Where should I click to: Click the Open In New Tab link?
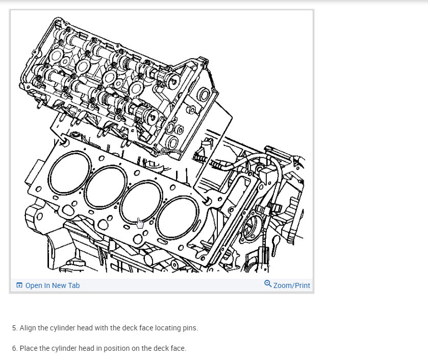point(53,285)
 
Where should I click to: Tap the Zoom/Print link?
point(291,285)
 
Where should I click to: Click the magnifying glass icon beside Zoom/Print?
point(268,284)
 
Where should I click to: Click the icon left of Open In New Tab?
point(19,285)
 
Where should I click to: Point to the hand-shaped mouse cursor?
point(140,223)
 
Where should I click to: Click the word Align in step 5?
point(28,328)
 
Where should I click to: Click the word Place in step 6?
point(29,348)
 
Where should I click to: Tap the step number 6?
point(15,348)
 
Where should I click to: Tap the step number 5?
point(15,328)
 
